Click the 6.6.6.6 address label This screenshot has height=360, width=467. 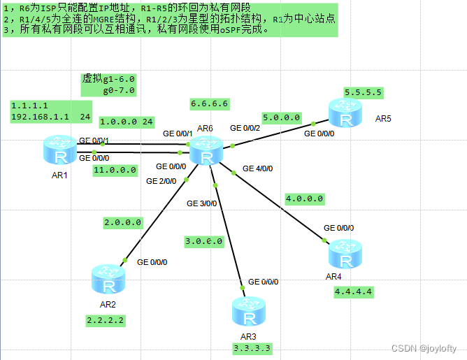[x=210, y=103]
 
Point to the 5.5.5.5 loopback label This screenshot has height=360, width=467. [x=363, y=92]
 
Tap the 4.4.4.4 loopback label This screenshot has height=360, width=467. [x=354, y=291]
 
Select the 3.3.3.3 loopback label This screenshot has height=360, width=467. [x=252, y=347]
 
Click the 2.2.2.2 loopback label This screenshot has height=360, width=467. [x=105, y=320]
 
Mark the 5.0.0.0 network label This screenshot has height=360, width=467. [x=282, y=117]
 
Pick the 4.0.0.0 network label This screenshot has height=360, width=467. [x=304, y=199]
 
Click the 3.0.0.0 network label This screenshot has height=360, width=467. [x=203, y=241]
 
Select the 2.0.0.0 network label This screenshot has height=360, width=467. [x=123, y=223]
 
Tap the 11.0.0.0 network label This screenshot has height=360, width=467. [x=114, y=170]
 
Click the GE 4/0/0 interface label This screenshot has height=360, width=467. [x=258, y=168]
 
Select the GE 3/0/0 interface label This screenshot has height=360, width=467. [x=203, y=203]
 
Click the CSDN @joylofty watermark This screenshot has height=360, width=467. [x=424, y=348]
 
